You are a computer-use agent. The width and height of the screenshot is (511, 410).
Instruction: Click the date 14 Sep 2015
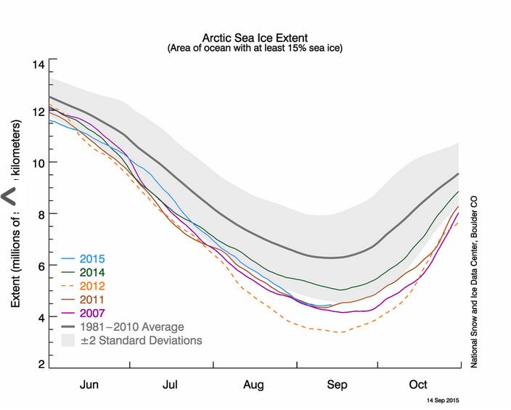coord(440,400)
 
